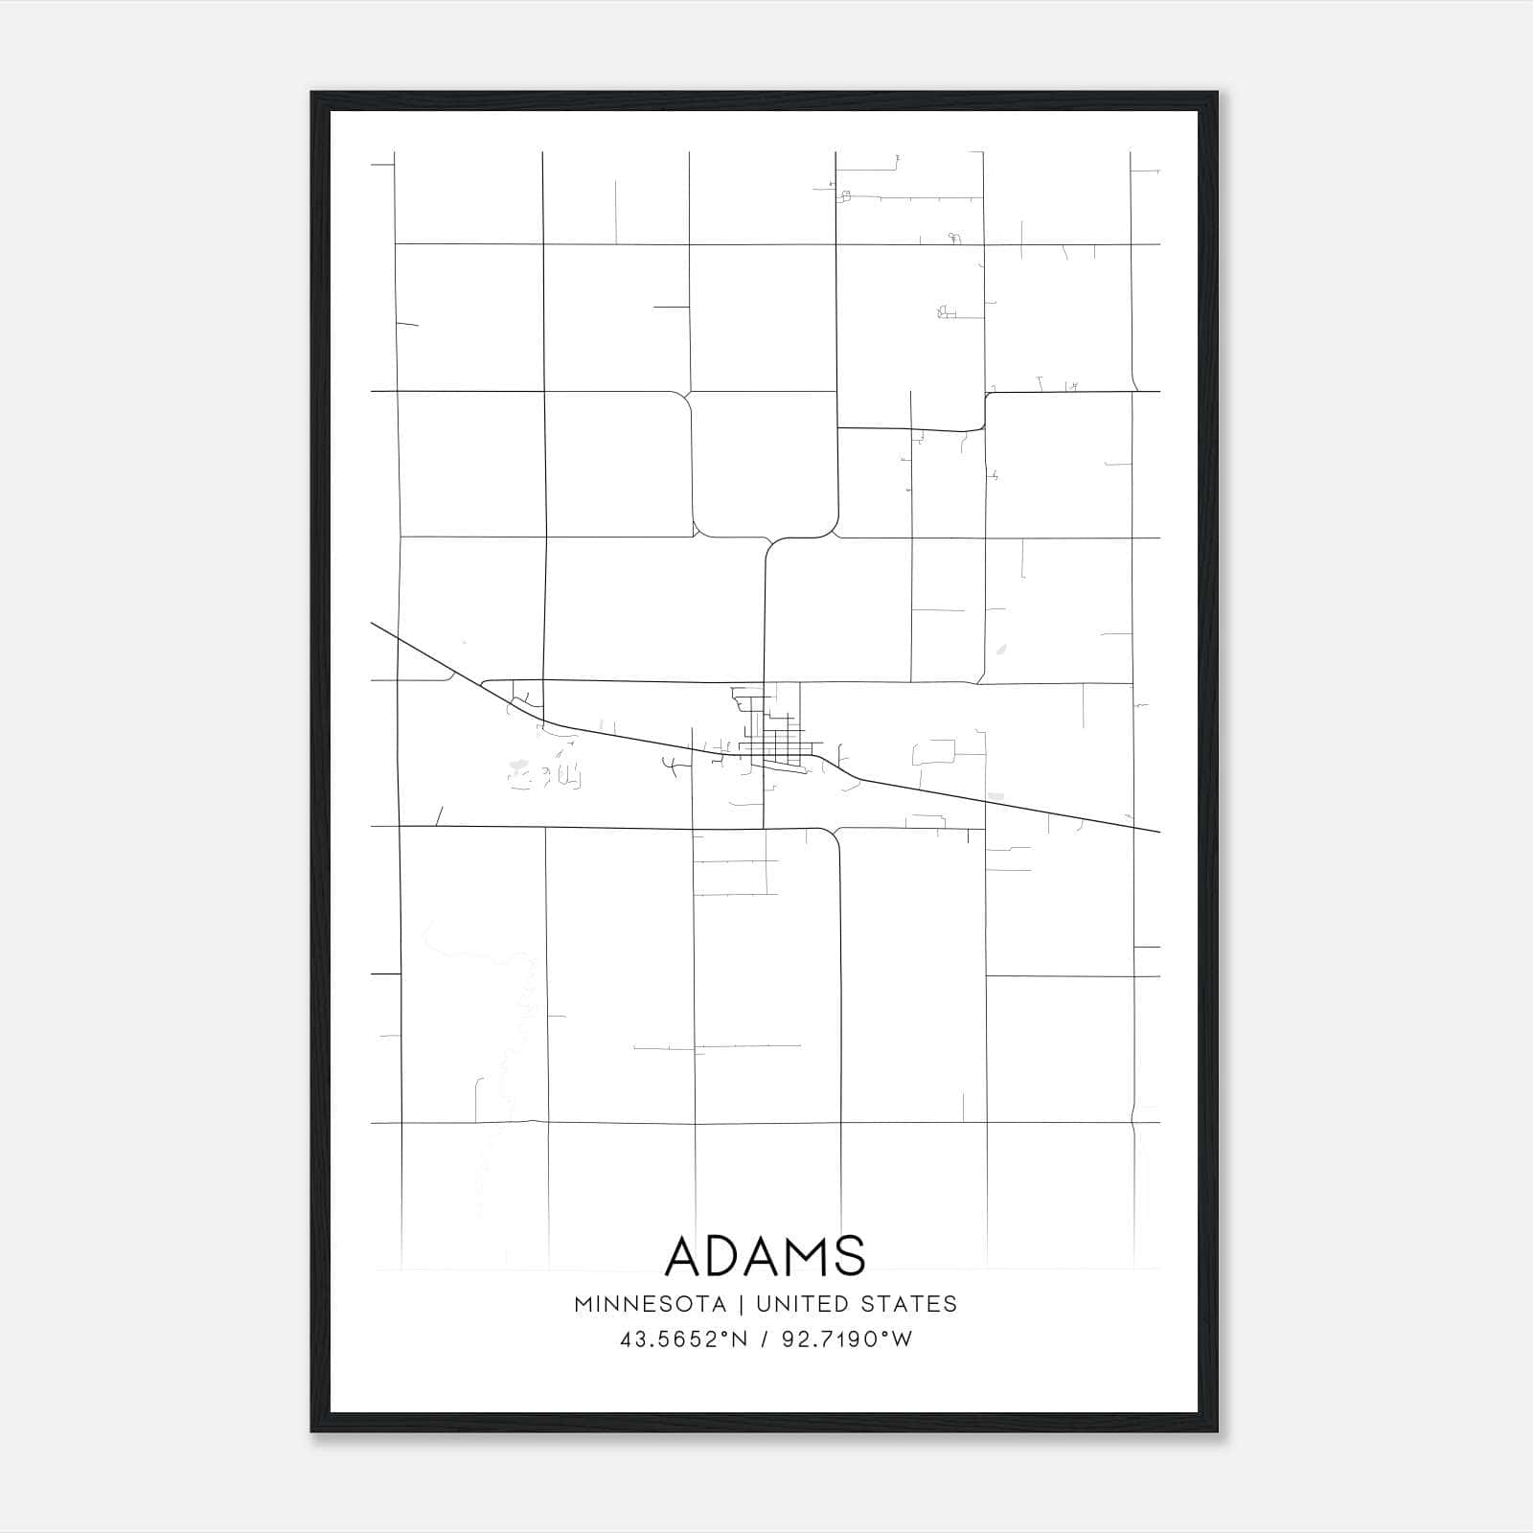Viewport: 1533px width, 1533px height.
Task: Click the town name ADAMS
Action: coord(765,1255)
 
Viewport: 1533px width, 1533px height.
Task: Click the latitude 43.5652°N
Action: coord(682,1339)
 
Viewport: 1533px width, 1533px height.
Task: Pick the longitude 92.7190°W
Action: coord(847,1339)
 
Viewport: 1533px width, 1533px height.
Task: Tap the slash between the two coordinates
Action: coord(764,1339)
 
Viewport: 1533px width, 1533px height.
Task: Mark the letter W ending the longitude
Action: coord(903,1339)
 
